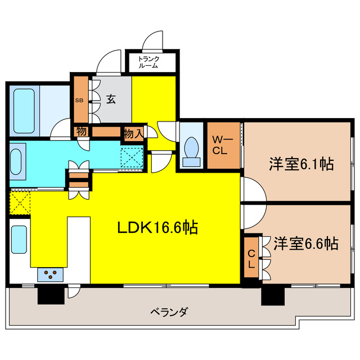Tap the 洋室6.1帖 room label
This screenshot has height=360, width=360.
tap(301, 164)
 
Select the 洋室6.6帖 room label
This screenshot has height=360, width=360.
tap(306, 244)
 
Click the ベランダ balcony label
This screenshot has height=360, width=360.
tap(169, 310)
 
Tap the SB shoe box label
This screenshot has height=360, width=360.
tap(79, 101)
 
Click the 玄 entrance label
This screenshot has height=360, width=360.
tap(111, 100)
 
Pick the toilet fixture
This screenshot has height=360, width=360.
tap(192, 150)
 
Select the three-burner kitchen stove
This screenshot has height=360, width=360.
tap(51, 274)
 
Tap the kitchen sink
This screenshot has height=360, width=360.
tap(19, 240)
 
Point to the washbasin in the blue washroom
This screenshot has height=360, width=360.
tap(16, 161)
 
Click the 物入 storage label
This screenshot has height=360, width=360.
tap(133, 134)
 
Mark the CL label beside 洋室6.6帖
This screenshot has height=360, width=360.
tap(251, 258)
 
